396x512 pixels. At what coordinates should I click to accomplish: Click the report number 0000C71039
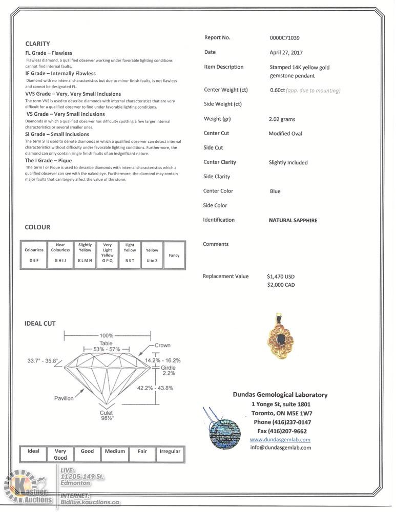point(284,38)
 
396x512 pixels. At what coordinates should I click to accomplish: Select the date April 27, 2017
point(286,53)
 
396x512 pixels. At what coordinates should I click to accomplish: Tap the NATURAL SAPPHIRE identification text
point(293,221)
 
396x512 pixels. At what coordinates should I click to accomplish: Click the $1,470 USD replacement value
point(281,276)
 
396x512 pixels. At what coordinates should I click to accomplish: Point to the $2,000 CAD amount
point(281,285)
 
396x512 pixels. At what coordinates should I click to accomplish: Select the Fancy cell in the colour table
point(174,255)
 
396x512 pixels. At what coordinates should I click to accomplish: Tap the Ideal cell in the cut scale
point(33,452)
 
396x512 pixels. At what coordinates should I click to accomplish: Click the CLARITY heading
point(37,44)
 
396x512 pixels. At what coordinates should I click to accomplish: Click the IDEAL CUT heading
point(40,324)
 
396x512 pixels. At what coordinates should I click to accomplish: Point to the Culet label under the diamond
point(106,412)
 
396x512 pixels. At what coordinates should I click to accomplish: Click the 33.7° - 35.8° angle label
point(43,360)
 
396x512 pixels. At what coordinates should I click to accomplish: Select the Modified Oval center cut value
point(285,134)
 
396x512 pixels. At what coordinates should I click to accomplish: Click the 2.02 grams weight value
point(282,119)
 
